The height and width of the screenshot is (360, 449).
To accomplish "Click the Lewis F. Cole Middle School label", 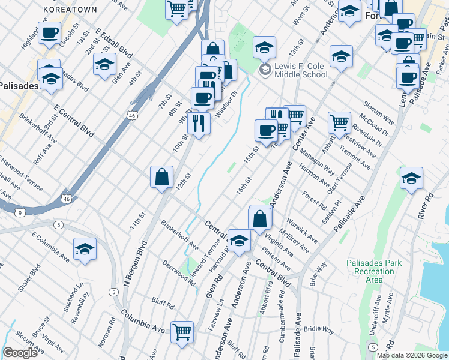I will [x=301, y=70].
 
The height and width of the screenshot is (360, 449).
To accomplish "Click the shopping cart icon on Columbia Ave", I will [x=182, y=332].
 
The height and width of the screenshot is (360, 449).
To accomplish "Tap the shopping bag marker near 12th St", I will [x=161, y=177].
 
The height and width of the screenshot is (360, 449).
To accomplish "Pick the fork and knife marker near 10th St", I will [x=198, y=123].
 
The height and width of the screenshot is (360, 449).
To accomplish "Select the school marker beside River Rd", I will [x=411, y=178].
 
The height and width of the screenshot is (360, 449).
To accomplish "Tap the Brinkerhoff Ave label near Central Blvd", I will [x=179, y=235].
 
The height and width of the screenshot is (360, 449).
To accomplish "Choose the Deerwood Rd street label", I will [x=179, y=274].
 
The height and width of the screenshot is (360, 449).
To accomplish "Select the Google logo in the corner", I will [x=20, y=353].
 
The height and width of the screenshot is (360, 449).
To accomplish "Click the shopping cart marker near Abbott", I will [x=340, y=122].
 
